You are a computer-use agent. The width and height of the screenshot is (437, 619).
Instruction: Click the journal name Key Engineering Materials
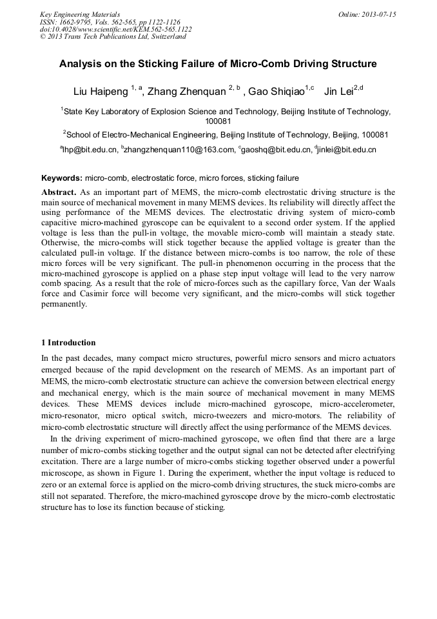coord(79,14)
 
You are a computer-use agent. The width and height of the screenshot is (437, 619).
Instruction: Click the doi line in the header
coord(115,29)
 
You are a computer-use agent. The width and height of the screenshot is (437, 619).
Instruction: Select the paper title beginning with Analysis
coord(218,64)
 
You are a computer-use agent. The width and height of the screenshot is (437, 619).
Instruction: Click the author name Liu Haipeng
coord(103,92)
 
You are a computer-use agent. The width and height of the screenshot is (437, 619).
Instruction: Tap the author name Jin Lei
coord(339,92)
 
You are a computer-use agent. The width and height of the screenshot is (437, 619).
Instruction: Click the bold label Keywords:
coord(62,178)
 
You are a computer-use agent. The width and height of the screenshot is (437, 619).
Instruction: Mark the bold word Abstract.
coord(59,192)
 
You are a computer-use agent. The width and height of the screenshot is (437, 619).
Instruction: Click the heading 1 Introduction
coord(68,343)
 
